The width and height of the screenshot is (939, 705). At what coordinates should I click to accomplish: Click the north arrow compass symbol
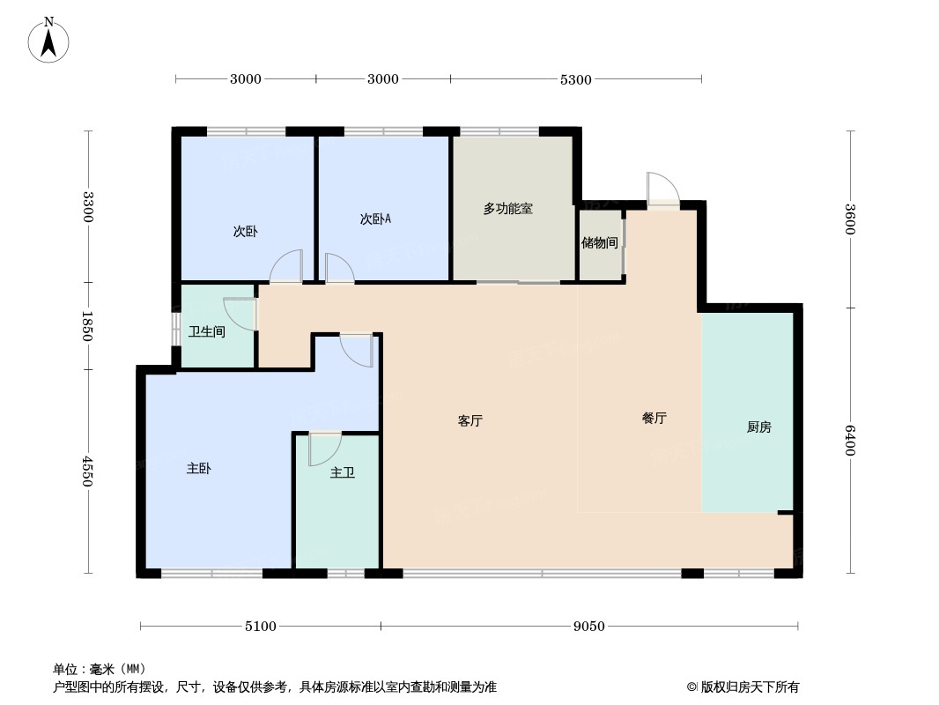coord(48,41)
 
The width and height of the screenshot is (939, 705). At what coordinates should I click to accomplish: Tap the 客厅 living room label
coord(470,420)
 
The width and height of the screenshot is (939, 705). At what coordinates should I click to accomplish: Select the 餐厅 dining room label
coord(654,418)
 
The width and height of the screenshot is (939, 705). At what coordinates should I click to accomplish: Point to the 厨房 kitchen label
coord(758,427)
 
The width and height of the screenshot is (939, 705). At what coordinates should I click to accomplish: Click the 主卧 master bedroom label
coord(198,469)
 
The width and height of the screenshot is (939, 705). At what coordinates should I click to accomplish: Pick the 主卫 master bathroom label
coord(343,472)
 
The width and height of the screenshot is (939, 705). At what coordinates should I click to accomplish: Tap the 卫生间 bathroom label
coord(207,331)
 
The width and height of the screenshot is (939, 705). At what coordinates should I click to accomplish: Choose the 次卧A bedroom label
coord(375,219)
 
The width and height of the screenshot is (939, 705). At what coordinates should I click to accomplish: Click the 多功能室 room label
coord(508,209)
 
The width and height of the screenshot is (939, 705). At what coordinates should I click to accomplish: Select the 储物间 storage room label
coord(600,242)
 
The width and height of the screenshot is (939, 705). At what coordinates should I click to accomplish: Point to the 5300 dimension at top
coord(575,79)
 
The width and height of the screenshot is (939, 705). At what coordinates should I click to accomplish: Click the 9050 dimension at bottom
coord(589,627)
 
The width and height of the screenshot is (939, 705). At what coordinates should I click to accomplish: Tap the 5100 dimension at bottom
coord(261,627)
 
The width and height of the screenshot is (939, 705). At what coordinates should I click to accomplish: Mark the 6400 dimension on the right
coord(850,441)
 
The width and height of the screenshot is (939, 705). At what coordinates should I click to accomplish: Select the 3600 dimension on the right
coord(850,219)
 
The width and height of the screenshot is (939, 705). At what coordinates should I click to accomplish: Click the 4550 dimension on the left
coord(88,471)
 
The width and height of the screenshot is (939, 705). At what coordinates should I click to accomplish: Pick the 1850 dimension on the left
coord(88,326)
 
